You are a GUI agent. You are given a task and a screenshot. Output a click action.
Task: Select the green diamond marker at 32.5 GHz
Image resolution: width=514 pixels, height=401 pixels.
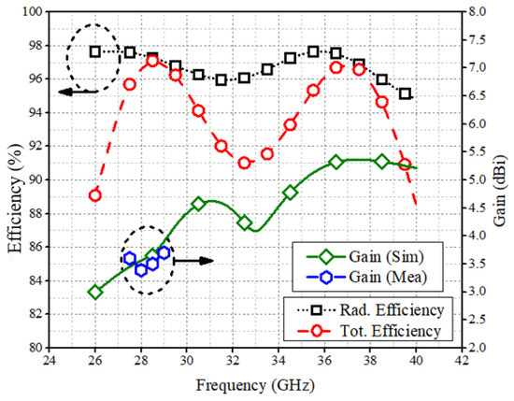click(244, 222)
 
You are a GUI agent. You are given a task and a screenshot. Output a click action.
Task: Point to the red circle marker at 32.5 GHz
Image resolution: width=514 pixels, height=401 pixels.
click(244, 163)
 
